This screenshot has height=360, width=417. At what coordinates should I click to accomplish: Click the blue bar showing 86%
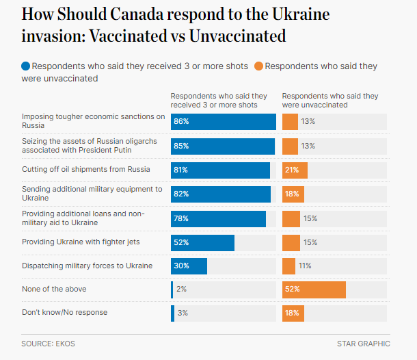(223, 122)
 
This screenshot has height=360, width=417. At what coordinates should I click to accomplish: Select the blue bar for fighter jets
(202, 243)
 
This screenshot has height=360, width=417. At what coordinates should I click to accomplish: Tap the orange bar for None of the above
(314, 290)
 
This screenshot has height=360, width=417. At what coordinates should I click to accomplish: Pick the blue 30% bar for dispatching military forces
(189, 266)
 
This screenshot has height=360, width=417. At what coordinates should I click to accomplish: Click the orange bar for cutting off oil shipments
(295, 170)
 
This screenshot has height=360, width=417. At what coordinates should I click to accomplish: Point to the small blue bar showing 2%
(172, 290)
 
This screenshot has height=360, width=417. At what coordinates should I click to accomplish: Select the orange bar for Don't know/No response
(293, 313)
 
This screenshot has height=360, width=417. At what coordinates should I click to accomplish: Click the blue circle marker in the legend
(26, 66)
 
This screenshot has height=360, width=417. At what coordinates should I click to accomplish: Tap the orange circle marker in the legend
(258, 66)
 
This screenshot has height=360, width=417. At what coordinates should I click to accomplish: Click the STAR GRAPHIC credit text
(363, 344)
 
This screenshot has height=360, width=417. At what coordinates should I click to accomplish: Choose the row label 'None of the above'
(54, 289)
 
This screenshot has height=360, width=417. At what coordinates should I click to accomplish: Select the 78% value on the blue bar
(180, 219)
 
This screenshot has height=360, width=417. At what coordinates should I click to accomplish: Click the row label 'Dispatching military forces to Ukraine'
(87, 266)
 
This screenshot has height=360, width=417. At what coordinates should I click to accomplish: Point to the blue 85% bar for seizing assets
(223, 146)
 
